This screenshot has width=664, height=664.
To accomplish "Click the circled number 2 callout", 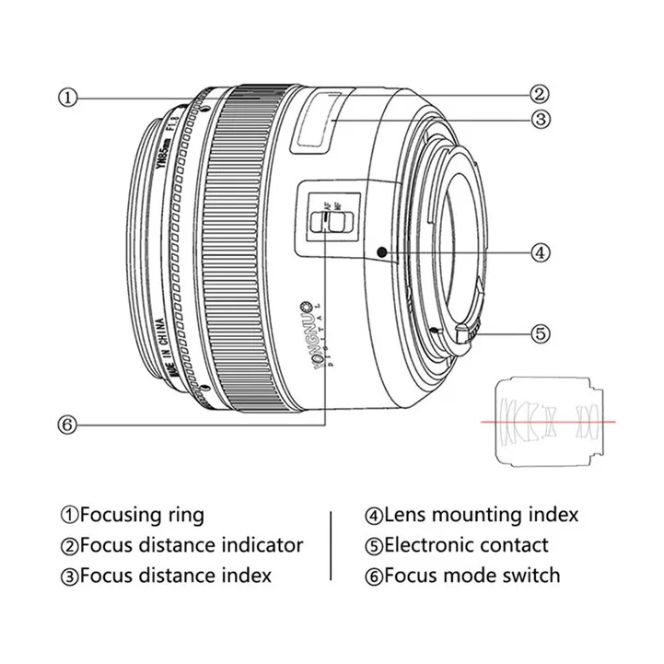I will (540, 92).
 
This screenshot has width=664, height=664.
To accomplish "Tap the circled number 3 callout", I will (540, 118).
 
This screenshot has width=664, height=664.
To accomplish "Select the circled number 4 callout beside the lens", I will (540, 250).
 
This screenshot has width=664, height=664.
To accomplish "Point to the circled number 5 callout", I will (540, 333).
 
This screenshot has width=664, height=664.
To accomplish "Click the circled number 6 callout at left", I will (66, 425).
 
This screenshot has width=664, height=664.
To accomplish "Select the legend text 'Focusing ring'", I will (141, 515).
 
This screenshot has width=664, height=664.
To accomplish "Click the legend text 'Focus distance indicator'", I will (191, 545).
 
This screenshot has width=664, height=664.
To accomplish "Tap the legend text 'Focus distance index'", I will (175, 576).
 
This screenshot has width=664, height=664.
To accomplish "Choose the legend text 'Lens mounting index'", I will (481, 515).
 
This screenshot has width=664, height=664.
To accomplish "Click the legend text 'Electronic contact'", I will (466, 545).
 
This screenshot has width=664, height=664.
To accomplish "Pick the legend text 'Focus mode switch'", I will (472, 576).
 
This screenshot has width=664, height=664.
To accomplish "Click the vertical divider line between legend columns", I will (330, 544).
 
